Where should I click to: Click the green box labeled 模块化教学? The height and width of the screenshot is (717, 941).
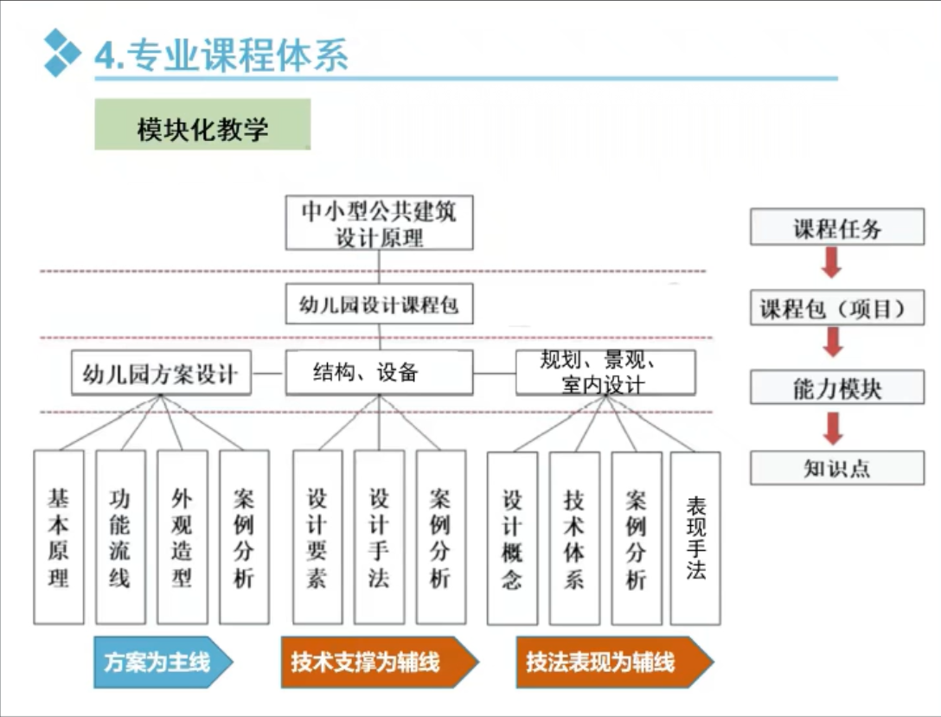tap(202, 125)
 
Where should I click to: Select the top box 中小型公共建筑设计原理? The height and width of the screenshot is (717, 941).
tap(379, 222)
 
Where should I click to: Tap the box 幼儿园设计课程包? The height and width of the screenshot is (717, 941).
tap(379, 304)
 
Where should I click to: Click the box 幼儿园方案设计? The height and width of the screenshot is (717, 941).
tap(161, 373)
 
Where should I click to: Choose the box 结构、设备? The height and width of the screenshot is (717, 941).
tap(379, 373)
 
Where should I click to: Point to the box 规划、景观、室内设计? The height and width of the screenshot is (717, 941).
tap(605, 373)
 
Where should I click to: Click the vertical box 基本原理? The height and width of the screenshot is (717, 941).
tap(59, 538)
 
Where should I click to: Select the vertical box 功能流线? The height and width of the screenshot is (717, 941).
tap(120, 538)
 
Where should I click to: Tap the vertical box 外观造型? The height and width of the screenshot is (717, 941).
tap(182, 538)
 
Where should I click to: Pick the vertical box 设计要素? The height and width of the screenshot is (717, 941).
tap(317, 538)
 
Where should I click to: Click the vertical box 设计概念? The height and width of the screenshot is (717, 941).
tap(512, 539)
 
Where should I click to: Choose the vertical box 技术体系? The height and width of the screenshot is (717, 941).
tap(574, 539)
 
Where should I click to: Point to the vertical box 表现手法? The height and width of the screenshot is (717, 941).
tap(695, 539)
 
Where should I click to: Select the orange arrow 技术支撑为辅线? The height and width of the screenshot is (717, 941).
tap(380, 662)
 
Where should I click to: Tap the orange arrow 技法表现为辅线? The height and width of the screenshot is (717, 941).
tap(615, 662)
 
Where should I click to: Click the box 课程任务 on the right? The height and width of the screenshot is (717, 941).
tap(837, 227)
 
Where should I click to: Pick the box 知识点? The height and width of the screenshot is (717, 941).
tap(837, 467)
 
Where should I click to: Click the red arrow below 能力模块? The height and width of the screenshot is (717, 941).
tap(833, 428)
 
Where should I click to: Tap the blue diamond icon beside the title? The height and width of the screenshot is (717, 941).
tap(61, 53)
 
